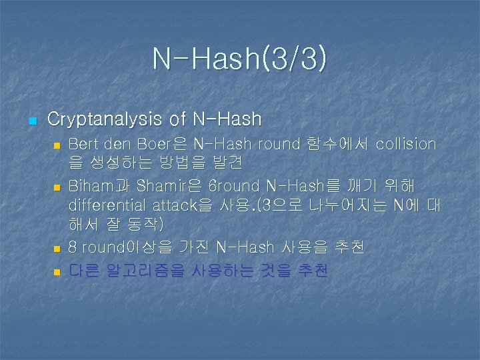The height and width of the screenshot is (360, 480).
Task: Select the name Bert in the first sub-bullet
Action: pos(83,144)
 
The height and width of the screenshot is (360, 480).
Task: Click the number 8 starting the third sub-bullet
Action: pos(73,248)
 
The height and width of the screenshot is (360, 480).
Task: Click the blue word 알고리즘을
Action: pos(145,271)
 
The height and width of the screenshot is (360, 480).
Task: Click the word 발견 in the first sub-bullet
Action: pos(227,163)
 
